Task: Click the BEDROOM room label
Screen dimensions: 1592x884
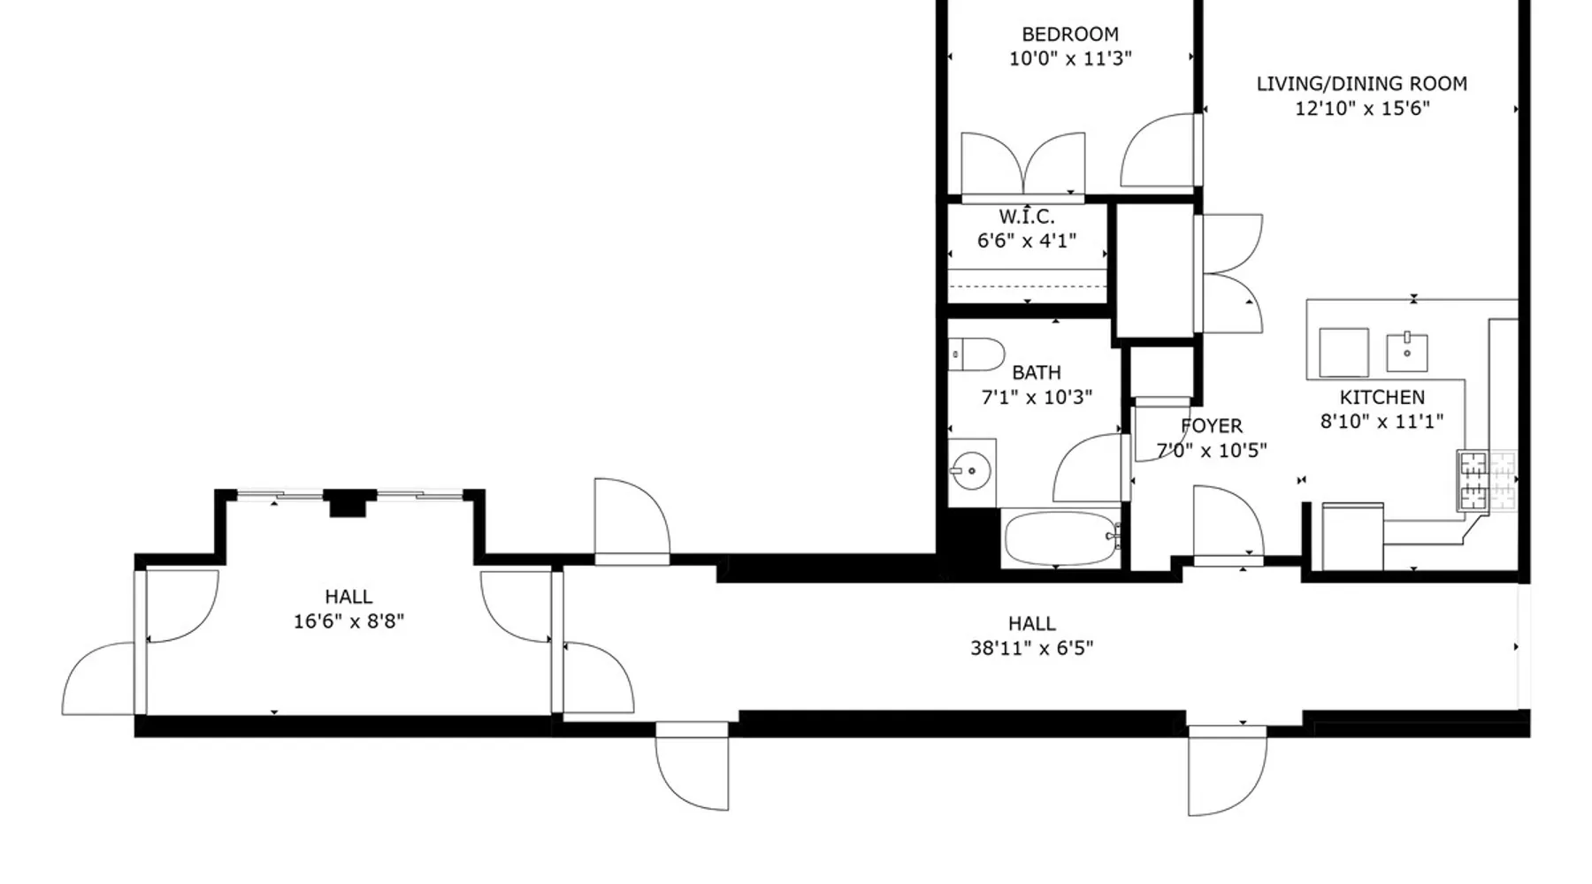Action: (1070, 34)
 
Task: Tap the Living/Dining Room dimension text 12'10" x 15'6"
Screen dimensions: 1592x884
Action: (1362, 109)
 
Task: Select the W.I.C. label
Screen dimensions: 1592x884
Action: (1027, 217)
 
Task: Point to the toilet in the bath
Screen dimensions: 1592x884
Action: (976, 354)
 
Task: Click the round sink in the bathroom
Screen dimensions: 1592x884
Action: (972, 471)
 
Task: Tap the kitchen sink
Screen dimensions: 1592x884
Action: (1406, 351)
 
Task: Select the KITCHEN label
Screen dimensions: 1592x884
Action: (1382, 398)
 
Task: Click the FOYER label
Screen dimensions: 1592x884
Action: (1212, 426)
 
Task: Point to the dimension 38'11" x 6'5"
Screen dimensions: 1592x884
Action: (1031, 648)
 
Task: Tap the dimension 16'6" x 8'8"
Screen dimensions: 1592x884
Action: (348, 621)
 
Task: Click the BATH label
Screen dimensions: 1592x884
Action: (1037, 373)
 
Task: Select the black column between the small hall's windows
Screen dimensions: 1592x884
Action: (348, 504)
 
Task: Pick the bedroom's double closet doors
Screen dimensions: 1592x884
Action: (1023, 164)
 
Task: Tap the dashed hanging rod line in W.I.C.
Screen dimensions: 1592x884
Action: (1027, 286)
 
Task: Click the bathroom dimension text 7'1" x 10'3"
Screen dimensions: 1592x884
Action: (1037, 398)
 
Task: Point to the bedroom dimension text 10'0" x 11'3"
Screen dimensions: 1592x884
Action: (1070, 58)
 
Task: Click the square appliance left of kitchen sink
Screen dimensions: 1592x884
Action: (1343, 352)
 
